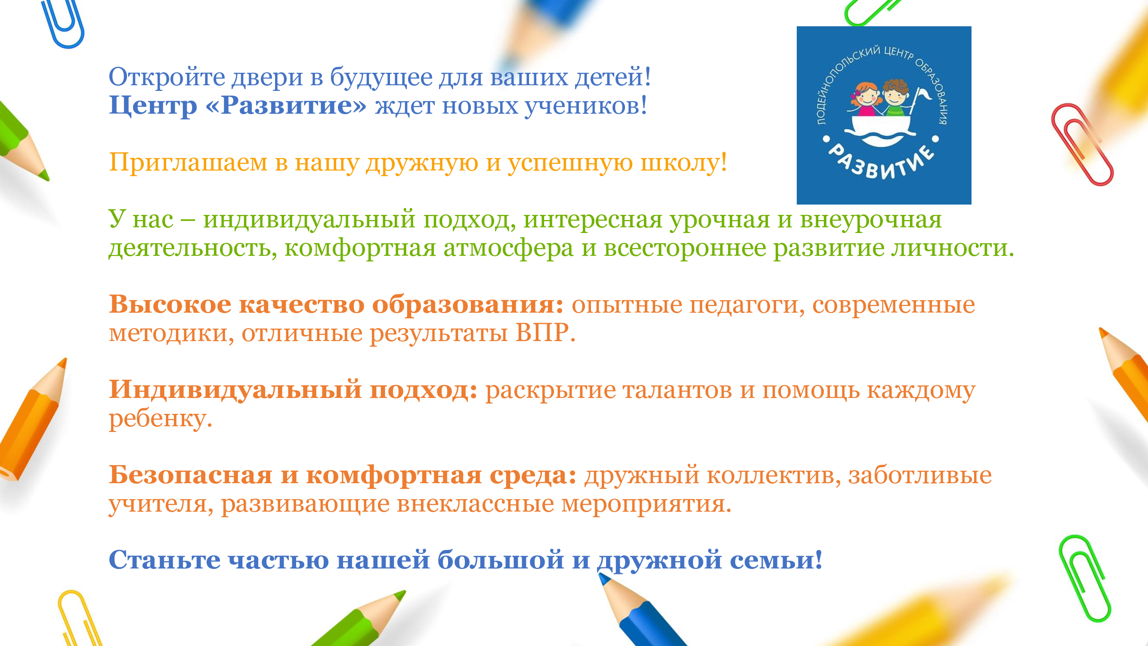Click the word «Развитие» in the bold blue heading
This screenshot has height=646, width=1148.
286,105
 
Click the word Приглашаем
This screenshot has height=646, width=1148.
188,162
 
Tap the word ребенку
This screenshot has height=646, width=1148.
161,419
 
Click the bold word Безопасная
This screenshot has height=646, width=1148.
190,474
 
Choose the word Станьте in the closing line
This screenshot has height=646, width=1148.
164,559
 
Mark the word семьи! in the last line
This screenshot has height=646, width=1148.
777,560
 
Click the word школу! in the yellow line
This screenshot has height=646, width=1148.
684,162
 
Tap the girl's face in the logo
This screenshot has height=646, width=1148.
865,94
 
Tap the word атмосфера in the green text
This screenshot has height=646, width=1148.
508,248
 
